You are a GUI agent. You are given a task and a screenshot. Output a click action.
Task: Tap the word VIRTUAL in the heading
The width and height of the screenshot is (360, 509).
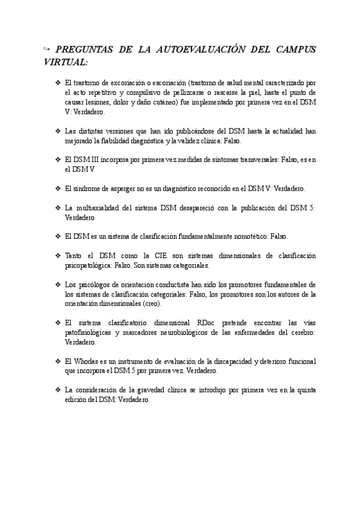[x=65, y=62]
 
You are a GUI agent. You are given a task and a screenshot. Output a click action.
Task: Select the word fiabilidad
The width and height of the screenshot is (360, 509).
[x=130, y=140]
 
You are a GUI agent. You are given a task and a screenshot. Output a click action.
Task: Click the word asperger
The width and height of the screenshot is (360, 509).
[x=122, y=188]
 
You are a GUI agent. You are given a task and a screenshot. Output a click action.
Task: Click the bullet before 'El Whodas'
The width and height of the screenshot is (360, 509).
[x=57, y=361]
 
